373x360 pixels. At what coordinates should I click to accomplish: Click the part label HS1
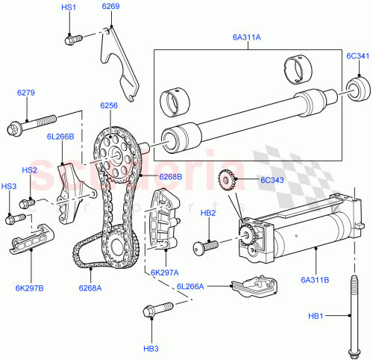[x=69, y=7]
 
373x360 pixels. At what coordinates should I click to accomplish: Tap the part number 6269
[x=110, y=7]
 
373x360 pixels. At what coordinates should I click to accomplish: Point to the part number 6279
[x=27, y=93]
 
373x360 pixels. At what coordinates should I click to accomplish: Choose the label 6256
[x=109, y=107]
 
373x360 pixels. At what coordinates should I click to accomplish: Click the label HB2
[x=208, y=213]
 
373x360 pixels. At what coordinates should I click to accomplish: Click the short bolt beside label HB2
[x=204, y=245]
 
